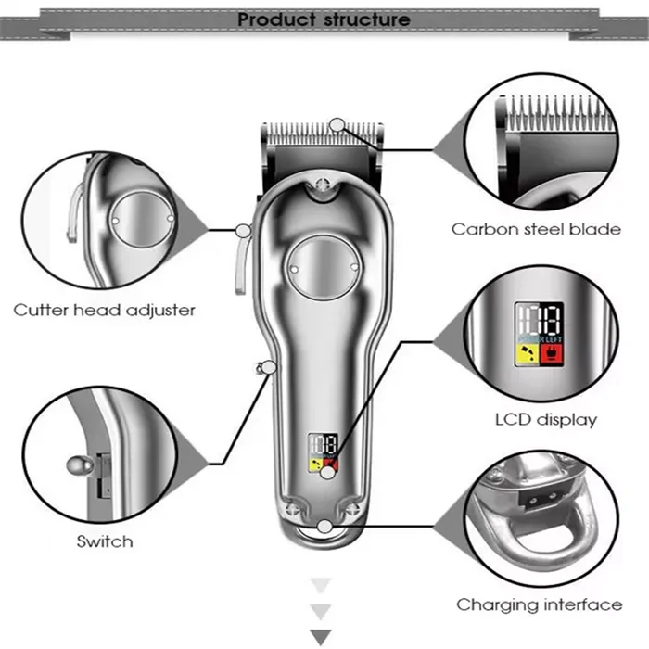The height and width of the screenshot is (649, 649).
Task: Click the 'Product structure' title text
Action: pyautogui.click(x=324, y=19)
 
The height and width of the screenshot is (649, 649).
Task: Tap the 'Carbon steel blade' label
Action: pyautogui.click(x=536, y=229)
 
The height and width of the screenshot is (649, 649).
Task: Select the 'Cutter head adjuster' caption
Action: pyautogui.click(x=104, y=310)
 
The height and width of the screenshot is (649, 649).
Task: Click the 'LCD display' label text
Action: pyautogui.click(x=545, y=419)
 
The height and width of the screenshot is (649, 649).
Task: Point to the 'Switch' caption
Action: pyautogui.click(x=105, y=541)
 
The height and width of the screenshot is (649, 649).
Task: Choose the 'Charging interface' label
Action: pyautogui.click(x=539, y=604)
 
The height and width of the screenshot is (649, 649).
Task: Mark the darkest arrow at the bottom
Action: pyautogui.click(x=320, y=637)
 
